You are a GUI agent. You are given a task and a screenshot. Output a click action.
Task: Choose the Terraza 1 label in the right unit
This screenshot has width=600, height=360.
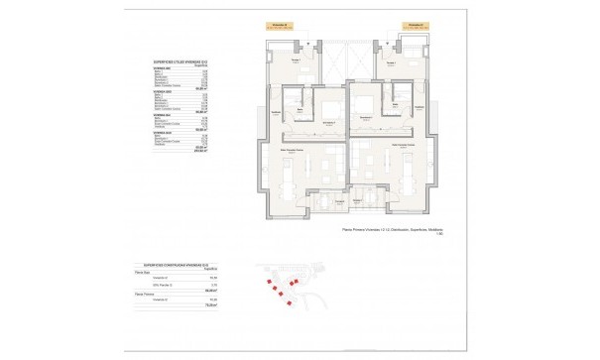point(389,61)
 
